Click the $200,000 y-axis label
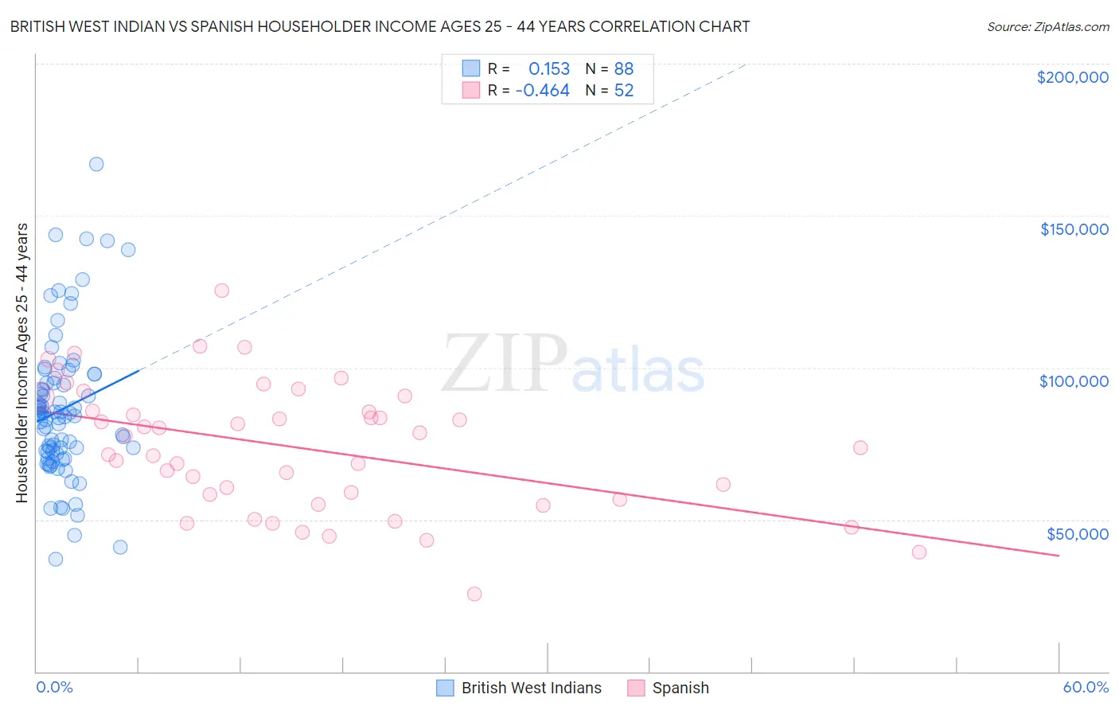[x=1072, y=77]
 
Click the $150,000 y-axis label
[x=1074, y=229]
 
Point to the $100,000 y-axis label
[x=1074, y=381]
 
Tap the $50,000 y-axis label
[x=1077, y=533]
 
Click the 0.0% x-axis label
[x=54, y=687]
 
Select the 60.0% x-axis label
[x=1086, y=687]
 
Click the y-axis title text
[x=21, y=363]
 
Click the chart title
[x=380, y=26]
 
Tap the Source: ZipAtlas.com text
[x=1047, y=26]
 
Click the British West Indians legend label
[x=531, y=688]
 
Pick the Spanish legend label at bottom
[x=680, y=688]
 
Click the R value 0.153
[x=549, y=69]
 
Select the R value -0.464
[x=543, y=91]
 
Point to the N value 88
[x=623, y=69]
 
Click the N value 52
[x=623, y=91]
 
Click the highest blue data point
[x=96, y=164]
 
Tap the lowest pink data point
[x=474, y=594]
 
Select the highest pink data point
[x=222, y=291]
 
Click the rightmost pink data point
[x=919, y=552]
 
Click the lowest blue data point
[x=56, y=559]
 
